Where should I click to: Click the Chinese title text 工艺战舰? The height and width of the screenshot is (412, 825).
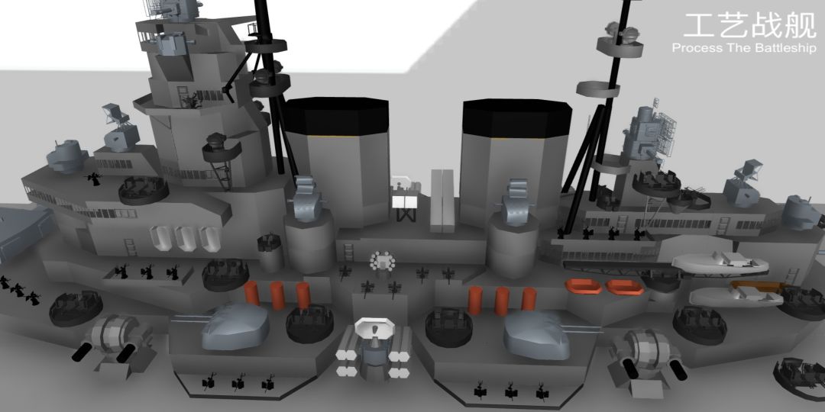750,25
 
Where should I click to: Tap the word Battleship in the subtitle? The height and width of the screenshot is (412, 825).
786,48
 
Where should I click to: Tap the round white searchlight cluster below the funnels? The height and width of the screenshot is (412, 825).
383,261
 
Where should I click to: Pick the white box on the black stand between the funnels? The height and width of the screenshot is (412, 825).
404,201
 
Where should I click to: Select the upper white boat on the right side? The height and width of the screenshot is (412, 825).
720,262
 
